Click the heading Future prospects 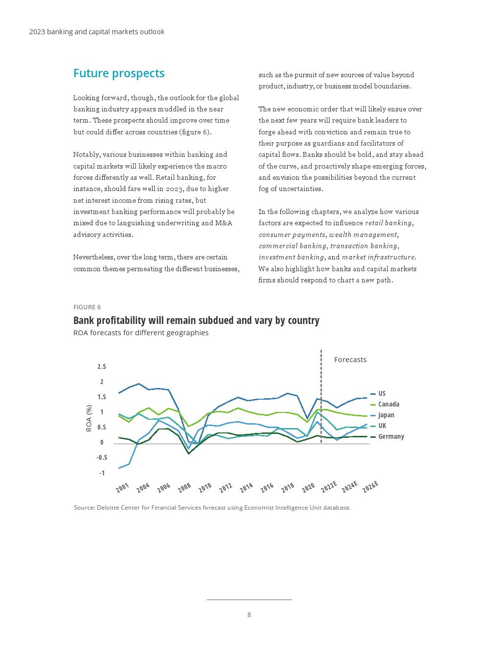tap(119, 73)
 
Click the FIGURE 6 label tap(87, 307)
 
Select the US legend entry tap(382, 393)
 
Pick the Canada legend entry tap(388, 404)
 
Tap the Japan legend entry tap(386, 415)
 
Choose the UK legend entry tap(382, 426)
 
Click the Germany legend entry tap(391, 436)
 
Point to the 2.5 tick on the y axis tap(101, 366)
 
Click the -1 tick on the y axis tap(102, 473)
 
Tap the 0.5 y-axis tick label tap(101, 427)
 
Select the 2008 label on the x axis tap(184, 487)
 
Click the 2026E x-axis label tap(370, 487)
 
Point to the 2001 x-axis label tap(122, 487)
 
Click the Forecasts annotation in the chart tap(350, 360)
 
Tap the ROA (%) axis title tap(89, 418)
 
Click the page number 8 tap(249, 615)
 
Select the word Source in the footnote tap(84, 508)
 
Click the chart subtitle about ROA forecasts tap(141, 333)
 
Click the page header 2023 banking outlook tap(97, 32)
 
